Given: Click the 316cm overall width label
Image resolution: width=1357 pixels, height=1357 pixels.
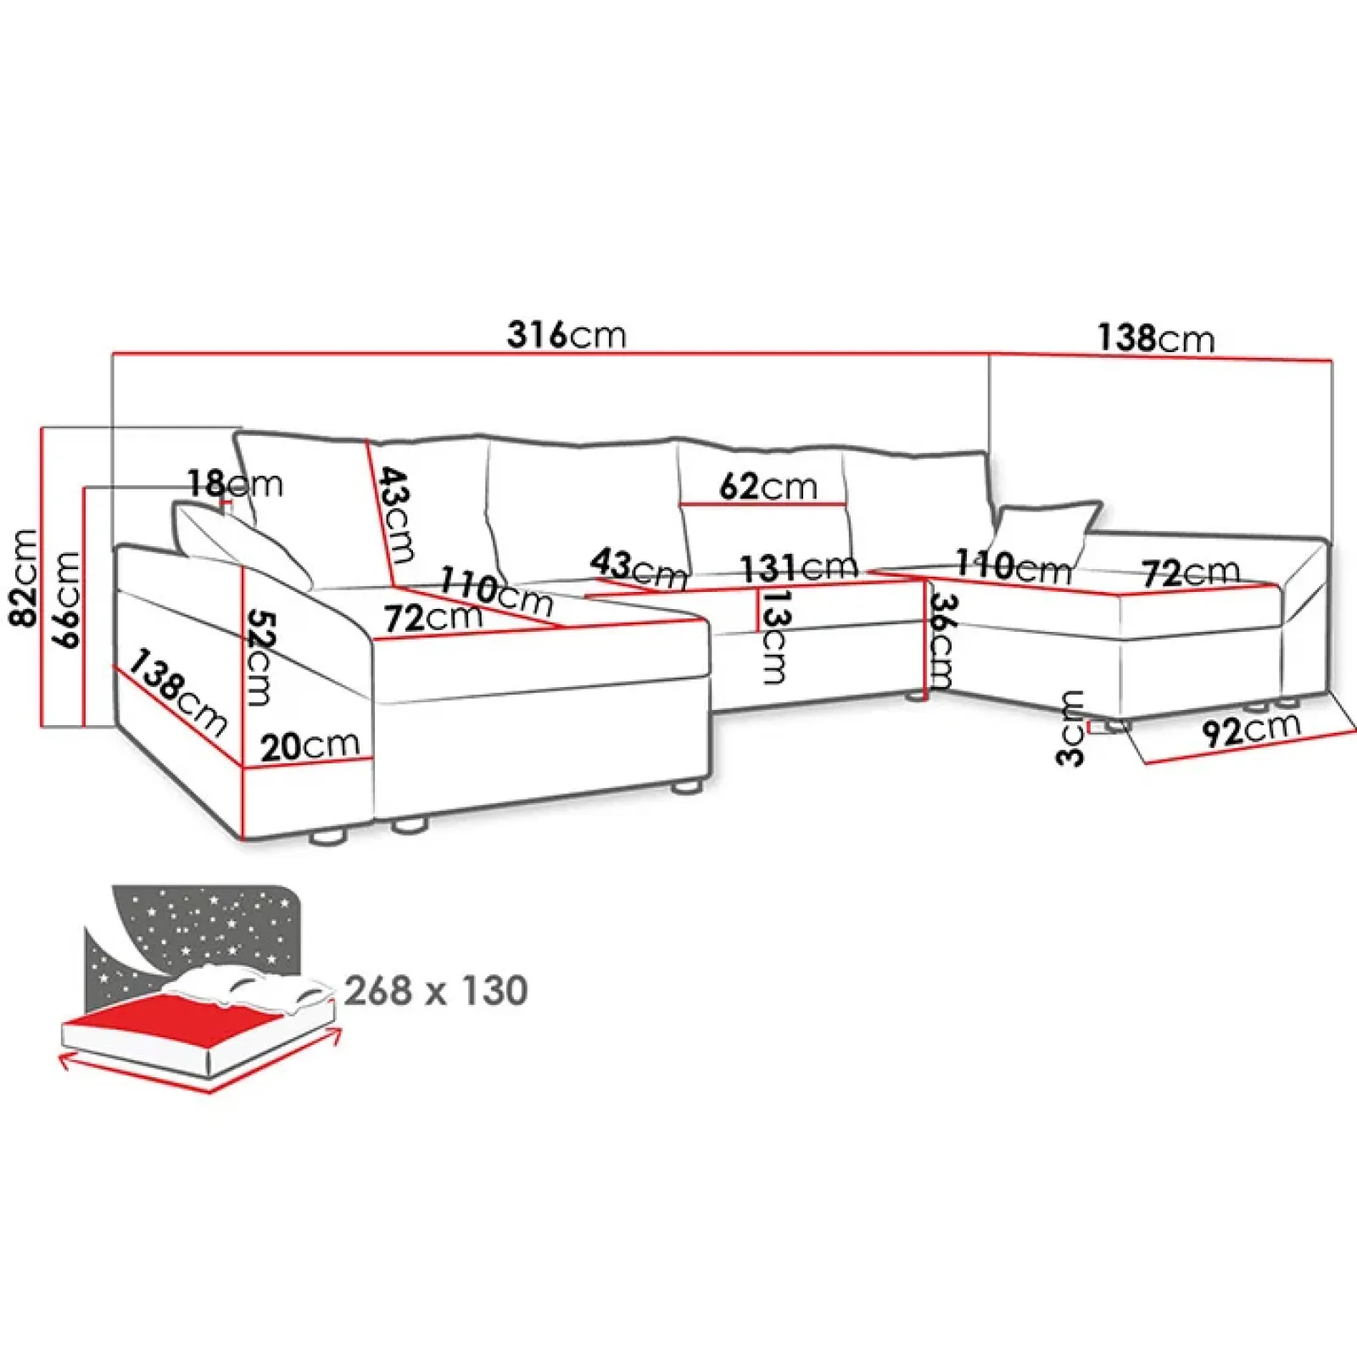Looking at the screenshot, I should (x=567, y=336).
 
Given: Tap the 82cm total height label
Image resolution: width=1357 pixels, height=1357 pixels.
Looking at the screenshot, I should (x=25, y=578).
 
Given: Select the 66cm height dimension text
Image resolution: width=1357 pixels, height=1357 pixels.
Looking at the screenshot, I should (x=67, y=600).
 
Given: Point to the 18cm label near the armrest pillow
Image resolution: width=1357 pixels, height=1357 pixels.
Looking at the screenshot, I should (x=235, y=484).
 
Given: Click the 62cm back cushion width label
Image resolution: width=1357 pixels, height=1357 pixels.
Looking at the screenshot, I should (x=768, y=487).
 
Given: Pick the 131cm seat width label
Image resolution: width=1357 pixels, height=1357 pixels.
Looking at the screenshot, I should (x=798, y=567).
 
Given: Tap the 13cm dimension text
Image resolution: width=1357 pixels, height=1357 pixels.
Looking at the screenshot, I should (x=774, y=637).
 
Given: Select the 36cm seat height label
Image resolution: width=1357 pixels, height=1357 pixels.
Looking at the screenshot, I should (x=941, y=640).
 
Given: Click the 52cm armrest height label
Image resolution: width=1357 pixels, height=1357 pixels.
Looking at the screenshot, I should (x=259, y=658).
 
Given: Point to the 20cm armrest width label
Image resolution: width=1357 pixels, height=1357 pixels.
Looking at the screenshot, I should (x=310, y=746).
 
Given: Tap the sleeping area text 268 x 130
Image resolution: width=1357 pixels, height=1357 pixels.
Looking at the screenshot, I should (x=436, y=991).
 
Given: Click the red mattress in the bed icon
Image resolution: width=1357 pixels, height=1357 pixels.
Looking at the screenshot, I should (x=161, y=1022).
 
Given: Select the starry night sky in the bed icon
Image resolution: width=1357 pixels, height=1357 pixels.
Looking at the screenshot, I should (x=212, y=924).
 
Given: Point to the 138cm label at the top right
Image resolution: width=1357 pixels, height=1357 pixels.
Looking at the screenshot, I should (x=1156, y=338).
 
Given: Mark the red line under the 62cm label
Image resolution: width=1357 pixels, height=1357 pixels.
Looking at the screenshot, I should (x=763, y=505).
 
